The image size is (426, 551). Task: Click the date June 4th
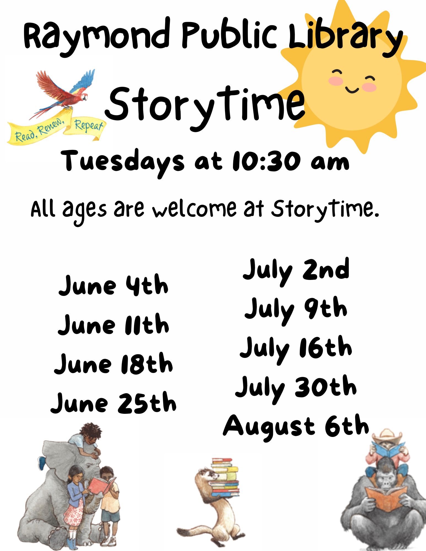click(113, 285)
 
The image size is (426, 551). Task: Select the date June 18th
click(113, 363)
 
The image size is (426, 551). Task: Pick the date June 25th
click(113, 403)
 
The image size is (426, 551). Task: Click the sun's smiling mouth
click(352, 90)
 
